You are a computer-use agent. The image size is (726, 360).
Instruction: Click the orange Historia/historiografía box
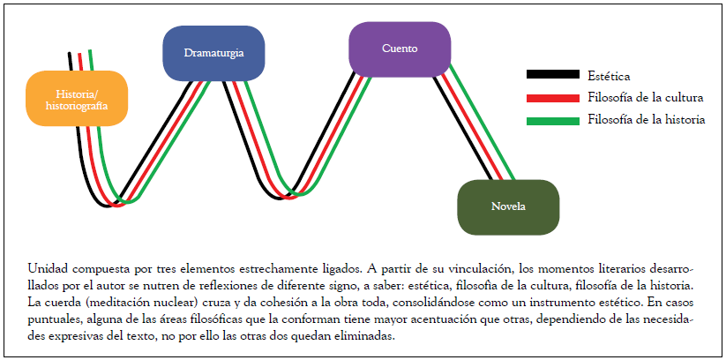coord(78,98)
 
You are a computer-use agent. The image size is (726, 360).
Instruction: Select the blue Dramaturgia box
coord(214,53)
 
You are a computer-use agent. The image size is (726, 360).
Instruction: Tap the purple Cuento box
coord(400,48)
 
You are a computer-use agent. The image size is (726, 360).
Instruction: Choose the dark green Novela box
coord(508,206)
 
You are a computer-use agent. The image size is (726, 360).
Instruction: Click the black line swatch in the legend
coord(552,77)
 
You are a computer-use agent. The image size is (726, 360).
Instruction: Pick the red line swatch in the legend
coord(552,98)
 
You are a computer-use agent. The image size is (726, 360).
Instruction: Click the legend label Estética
coord(609,77)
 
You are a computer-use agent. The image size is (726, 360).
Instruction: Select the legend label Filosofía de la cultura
coord(644,98)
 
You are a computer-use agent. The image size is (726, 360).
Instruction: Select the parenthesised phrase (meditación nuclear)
coord(140,301)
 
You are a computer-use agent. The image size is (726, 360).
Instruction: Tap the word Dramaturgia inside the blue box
coord(214,53)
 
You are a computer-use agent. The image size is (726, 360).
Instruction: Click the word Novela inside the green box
coord(508,206)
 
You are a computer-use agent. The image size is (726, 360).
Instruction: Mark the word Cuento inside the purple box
coord(400,48)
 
